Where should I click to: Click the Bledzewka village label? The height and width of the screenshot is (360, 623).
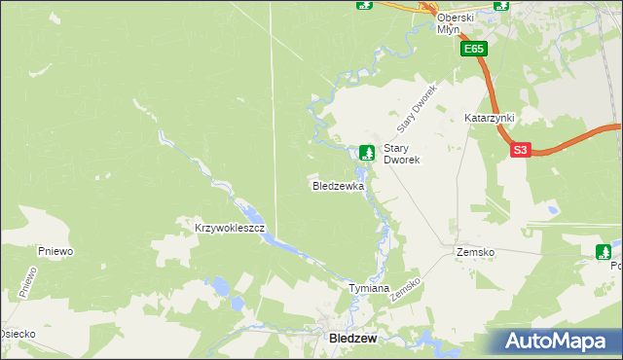click(338, 185)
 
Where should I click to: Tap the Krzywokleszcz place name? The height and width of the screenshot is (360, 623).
click(224, 227)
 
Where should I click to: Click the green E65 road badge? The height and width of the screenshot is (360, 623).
click(474, 49)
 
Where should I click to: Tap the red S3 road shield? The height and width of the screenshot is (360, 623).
click(521, 150)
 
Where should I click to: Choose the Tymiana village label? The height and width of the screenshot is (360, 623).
click(369, 289)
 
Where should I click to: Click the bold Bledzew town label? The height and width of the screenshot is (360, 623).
click(348, 338)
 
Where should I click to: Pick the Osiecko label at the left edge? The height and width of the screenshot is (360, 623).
click(18, 334)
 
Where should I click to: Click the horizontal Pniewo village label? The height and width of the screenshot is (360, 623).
click(56, 251)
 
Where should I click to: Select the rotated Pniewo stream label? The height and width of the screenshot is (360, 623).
click(27, 281)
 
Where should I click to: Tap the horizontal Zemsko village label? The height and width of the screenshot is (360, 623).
click(475, 252)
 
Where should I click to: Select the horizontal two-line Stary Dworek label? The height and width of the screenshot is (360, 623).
click(401, 154)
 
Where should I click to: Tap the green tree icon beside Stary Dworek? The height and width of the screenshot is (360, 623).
click(366, 151)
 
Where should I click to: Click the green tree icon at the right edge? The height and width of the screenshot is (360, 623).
click(604, 252)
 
